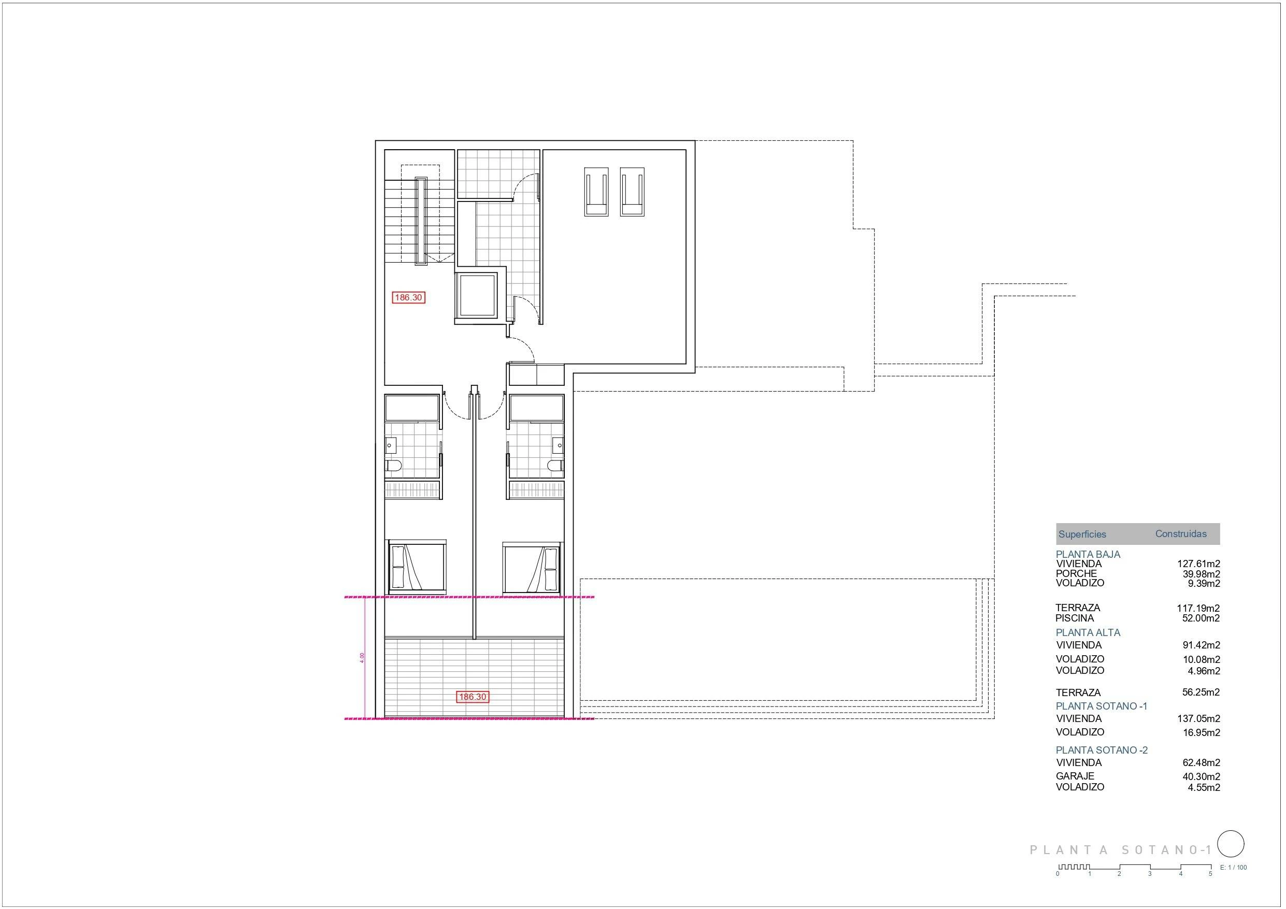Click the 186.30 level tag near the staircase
[409, 297]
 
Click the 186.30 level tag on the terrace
[473, 697]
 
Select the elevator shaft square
[477, 297]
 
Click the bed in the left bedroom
[417, 567]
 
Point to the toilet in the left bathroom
[394, 466]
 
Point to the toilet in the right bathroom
[555, 466]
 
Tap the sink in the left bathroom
[391, 446]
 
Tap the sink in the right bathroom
[559, 446]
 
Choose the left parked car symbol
[596, 192]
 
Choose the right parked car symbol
[632, 192]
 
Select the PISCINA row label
[1074, 618]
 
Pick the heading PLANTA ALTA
[1088, 633]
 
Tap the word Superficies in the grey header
[1082, 535]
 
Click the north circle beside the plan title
[1231, 844]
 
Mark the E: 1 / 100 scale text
[1233, 868]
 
